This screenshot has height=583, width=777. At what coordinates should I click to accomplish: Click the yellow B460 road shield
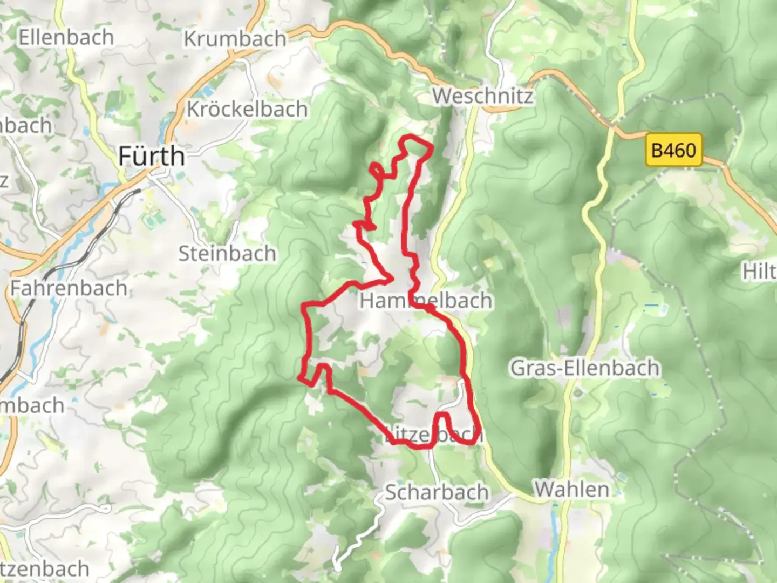(x=673, y=150)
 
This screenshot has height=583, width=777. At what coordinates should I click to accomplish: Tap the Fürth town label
(x=151, y=157)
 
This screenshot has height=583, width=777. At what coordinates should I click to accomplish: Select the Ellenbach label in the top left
(x=66, y=38)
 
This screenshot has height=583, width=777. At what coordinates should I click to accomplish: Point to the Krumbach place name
(x=235, y=39)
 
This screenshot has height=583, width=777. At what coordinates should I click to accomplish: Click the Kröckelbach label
(x=247, y=109)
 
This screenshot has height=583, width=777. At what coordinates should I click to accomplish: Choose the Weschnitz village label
(x=482, y=96)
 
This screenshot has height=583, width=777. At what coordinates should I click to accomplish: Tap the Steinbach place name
(x=227, y=253)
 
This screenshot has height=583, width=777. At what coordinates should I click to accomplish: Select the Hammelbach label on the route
(x=426, y=301)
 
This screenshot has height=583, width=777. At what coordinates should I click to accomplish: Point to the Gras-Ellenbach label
(x=585, y=368)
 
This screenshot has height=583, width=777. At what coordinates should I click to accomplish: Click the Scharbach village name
(x=437, y=492)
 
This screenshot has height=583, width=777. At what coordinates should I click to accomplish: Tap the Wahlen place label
(x=571, y=489)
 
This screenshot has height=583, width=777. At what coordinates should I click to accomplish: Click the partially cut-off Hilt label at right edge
(x=760, y=272)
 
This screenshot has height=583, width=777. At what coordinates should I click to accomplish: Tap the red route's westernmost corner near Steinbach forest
(x=299, y=377)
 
